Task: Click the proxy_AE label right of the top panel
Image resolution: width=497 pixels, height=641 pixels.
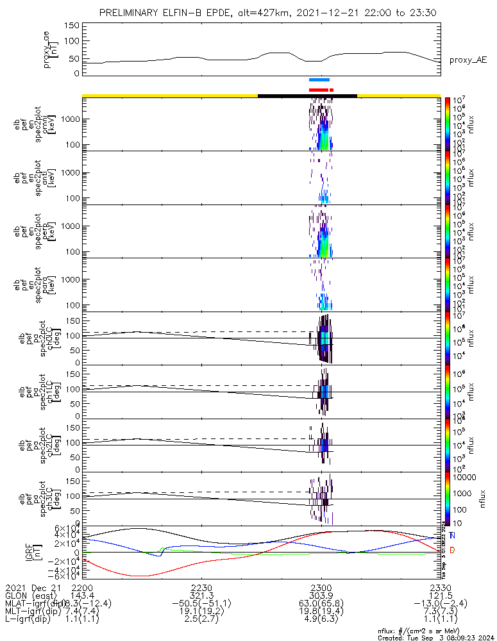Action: pyautogui.click(x=468, y=60)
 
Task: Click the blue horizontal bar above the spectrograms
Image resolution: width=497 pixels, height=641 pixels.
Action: pyautogui.click(x=319, y=80)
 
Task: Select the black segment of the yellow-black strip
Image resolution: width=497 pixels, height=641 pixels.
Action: pyautogui.click(x=307, y=96)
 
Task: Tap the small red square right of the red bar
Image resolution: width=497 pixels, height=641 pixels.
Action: pyautogui.click(x=332, y=90)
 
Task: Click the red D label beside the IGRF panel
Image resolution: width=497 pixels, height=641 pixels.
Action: pyautogui.click(x=453, y=550)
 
